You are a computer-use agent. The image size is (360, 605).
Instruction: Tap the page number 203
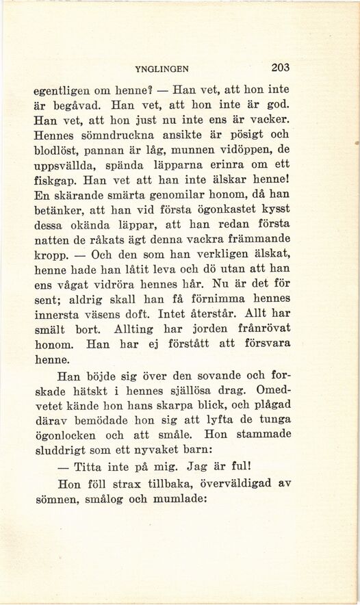click(x=281, y=68)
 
